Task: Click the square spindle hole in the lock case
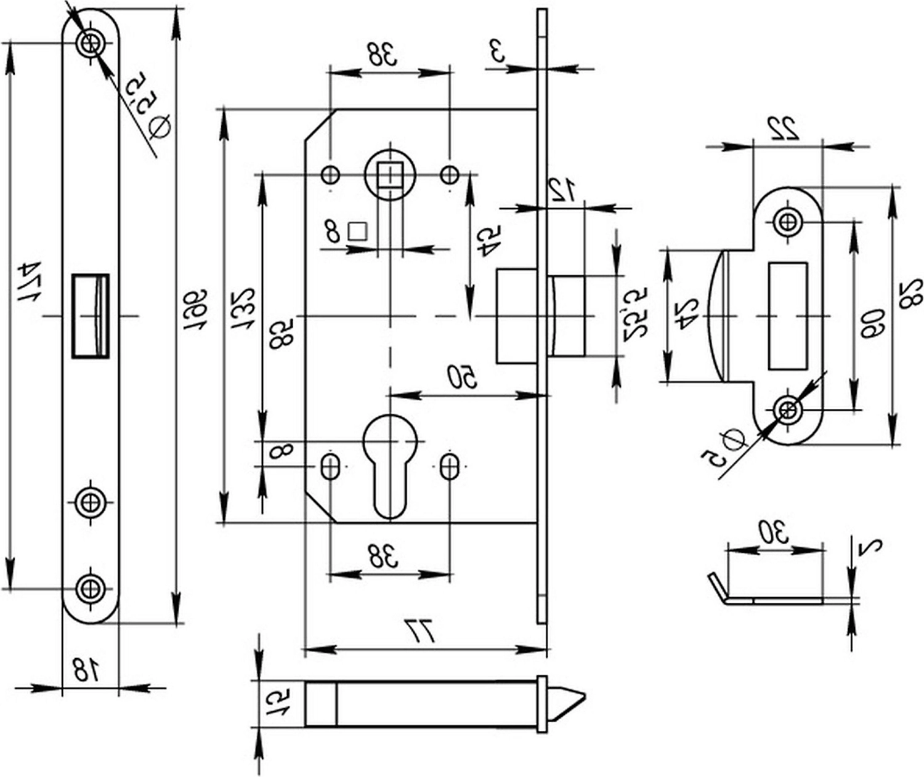(388, 175)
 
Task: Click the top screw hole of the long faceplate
(90, 43)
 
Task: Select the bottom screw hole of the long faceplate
(90, 588)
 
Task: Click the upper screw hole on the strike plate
(787, 221)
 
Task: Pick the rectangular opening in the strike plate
(787, 316)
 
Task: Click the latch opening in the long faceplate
(91, 315)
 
